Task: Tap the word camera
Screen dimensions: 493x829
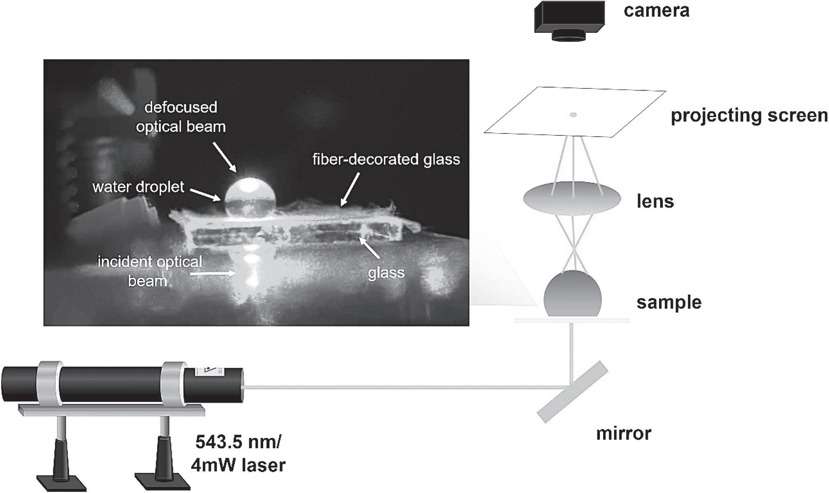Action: pyautogui.click(x=656, y=11)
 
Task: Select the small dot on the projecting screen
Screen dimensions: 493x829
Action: pyautogui.click(x=573, y=115)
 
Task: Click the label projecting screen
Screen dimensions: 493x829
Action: pyautogui.click(x=749, y=116)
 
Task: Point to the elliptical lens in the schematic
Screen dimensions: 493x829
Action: pyautogui.click(x=572, y=199)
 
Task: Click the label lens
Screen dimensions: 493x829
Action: pyautogui.click(x=655, y=202)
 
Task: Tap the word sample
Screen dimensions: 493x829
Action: pyautogui.click(x=669, y=303)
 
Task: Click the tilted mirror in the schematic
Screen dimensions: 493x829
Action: pyautogui.click(x=572, y=391)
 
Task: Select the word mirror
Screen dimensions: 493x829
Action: pyautogui.click(x=623, y=433)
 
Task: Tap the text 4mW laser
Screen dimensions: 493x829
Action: pyautogui.click(x=238, y=465)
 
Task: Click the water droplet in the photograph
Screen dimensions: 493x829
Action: pyautogui.click(x=249, y=197)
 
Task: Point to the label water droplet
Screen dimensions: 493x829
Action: pyautogui.click(x=138, y=187)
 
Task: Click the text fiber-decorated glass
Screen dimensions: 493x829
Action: pyautogui.click(x=386, y=159)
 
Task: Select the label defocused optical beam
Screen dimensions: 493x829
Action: pyautogui.click(x=181, y=117)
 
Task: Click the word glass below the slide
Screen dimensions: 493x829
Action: pyautogui.click(x=386, y=272)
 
